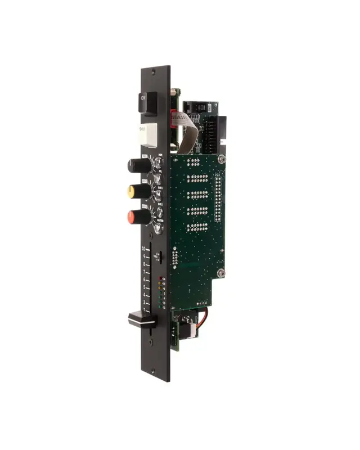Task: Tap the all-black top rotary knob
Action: [139, 165]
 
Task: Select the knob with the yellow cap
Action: [139, 191]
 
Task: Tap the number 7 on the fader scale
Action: [145, 272]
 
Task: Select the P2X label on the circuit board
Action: [218, 175]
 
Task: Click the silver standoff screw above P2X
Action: [223, 160]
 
